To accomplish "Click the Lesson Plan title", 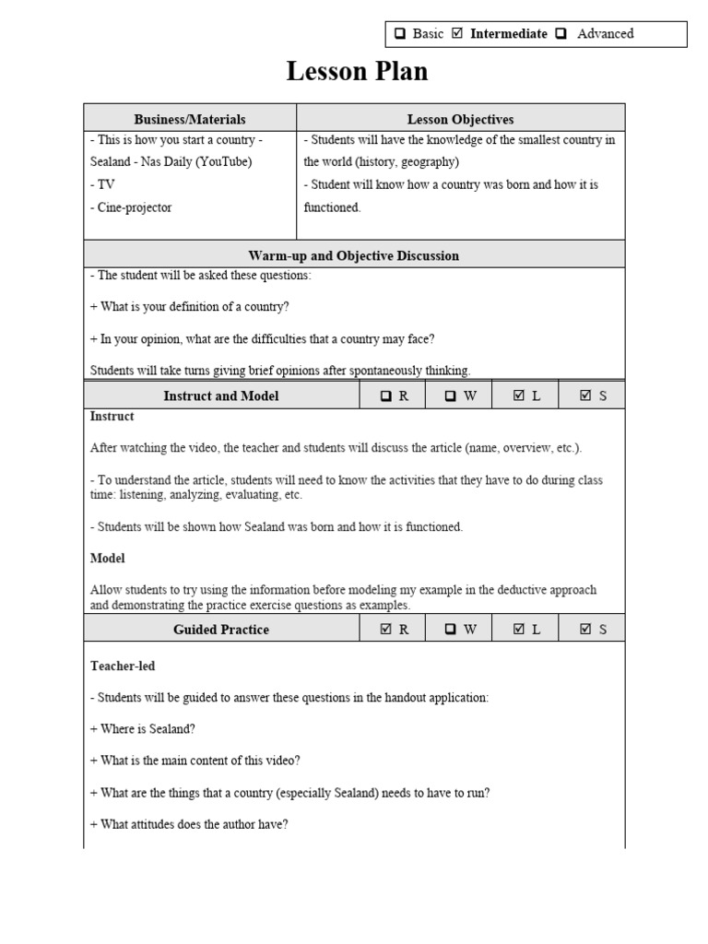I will click(357, 71).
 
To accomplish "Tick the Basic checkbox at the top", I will click(401, 34).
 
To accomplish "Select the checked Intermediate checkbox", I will click(457, 34).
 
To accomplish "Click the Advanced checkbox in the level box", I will click(560, 34).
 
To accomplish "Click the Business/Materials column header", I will click(190, 119).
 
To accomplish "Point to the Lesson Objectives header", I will click(460, 119).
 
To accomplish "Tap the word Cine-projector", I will click(131, 207).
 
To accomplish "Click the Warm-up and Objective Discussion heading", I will click(354, 255).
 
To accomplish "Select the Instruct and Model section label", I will click(221, 395).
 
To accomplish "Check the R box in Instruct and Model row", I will click(386, 396).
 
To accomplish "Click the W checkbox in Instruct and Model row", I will click(451, 396).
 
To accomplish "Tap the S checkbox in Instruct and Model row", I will click(585, 396).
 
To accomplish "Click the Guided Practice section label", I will click(221, 630).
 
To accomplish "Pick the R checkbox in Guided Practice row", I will click(386, 630).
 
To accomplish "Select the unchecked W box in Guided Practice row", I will click(451, 630).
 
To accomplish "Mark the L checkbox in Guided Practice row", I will click(518, 630).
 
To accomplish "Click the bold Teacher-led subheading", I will click(116, 665).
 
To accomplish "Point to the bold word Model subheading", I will click(107, 559).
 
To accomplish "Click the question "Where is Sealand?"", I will click(142, 729).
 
